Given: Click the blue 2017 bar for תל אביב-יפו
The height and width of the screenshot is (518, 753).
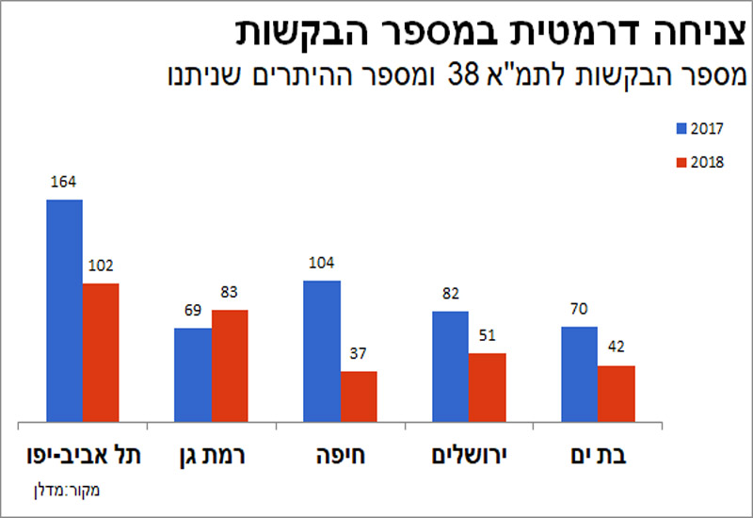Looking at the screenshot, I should (64, 311).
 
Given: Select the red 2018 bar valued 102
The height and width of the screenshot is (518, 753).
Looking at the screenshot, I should (100, 352).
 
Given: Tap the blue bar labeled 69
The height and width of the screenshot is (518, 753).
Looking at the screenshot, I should (193, 375).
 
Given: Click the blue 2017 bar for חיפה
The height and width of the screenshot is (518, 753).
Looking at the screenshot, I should (322, 351).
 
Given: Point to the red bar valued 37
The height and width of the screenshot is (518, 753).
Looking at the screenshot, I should (358, 397).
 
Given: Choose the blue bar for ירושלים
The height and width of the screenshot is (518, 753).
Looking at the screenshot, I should (451, 366).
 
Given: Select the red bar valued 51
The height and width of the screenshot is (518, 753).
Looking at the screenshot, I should (487, 387).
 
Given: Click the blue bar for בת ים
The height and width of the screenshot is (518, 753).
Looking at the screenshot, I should (579, 374).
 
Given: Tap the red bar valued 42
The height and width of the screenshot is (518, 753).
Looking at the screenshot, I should (616, 394).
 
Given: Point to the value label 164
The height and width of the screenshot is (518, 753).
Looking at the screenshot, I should (64, 182).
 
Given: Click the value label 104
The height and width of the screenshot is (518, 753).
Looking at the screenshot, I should (322, 263).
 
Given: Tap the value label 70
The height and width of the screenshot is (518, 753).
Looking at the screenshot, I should (579, 309).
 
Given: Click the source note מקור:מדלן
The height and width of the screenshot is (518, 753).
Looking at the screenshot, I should (72, 489).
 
